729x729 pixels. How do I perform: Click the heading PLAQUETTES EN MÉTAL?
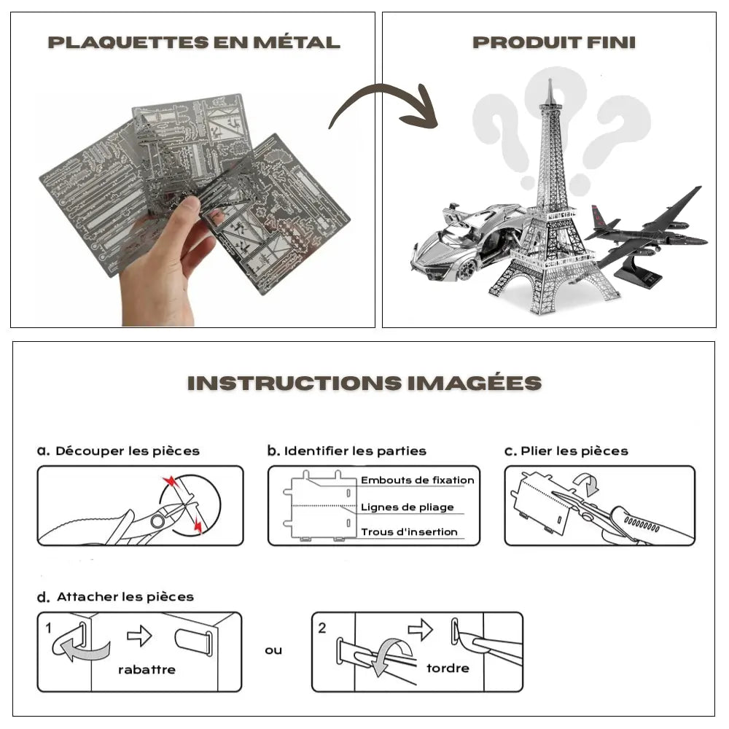coord(194,42)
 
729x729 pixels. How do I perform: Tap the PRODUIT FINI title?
coord(554,42)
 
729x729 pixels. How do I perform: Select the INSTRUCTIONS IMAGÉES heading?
coord(364,383)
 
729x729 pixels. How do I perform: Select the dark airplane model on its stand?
coord(645,233)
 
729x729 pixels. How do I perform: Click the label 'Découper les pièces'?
coord(127,451)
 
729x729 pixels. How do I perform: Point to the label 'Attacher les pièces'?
coord(125,597)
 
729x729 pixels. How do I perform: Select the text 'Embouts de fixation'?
coord(417,480)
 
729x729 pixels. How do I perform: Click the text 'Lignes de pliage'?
coord(407,507)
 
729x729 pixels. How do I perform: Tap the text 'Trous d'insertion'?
coord(409,532)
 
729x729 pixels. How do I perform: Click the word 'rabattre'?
coord(147,670)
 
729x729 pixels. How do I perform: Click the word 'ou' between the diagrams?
coord(273,650)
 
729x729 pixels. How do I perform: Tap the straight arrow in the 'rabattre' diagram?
coord(139,636)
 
